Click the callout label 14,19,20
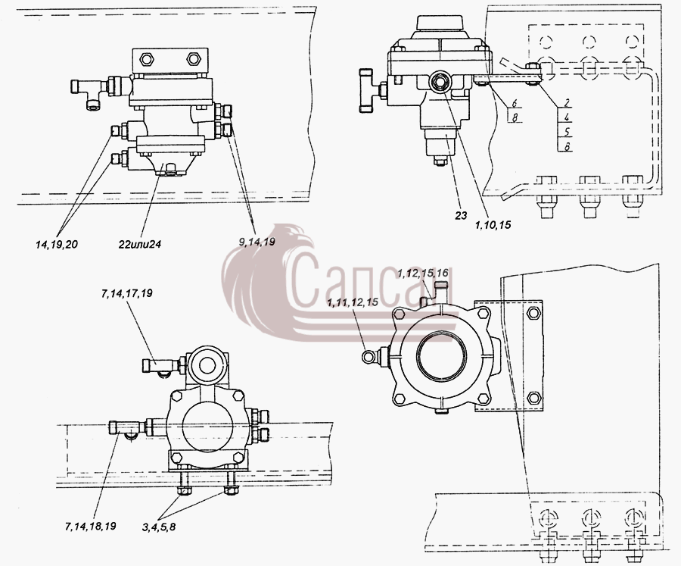pos(57,245)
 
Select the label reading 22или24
pos(140,245)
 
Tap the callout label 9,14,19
pos(257,242)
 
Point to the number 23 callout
pos(462,215)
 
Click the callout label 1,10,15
pos(493,225)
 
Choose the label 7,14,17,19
pos(127,294)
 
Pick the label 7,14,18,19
pos(90,526)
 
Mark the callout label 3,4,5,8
pos(159,527)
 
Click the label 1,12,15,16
pos(423,274)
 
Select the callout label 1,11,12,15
pos(353,302)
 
